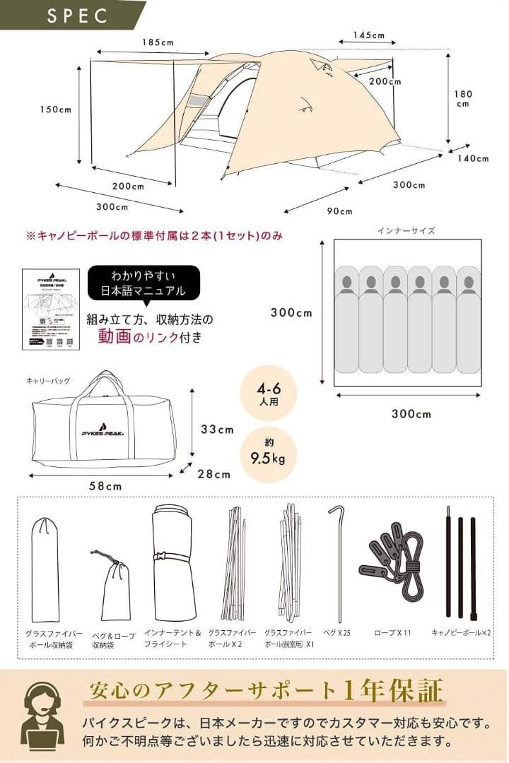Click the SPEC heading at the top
[78, 16]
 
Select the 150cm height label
[56, 110]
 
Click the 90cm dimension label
[339, 211]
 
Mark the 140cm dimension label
[472, 158]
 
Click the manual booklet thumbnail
[50, 308]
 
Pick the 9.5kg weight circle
[268, 454]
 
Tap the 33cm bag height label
[217, 429]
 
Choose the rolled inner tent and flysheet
[173, 562]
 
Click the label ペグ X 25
[337, 633]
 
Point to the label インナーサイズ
[406, 230]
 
